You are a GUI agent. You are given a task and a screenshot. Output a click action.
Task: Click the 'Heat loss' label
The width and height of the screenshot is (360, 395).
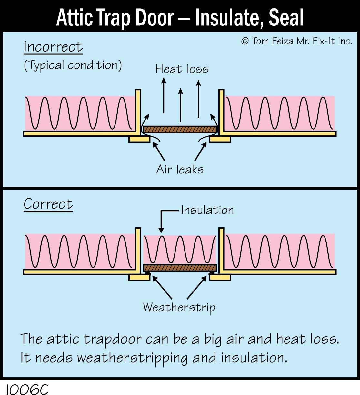pos(182,69)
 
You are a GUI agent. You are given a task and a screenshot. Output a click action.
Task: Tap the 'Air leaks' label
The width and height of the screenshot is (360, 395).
pos(180,169)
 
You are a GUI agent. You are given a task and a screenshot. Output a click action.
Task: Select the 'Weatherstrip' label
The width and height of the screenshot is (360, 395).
pos(179,308)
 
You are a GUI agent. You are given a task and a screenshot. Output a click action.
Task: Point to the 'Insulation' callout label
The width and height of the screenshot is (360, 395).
pos(207,210)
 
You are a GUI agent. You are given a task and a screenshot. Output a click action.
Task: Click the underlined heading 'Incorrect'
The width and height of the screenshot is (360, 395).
pos(53,47)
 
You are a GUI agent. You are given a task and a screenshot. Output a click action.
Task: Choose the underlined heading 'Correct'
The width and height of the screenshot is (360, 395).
pos(48,204)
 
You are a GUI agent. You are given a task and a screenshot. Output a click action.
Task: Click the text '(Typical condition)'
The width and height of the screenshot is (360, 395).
pos(73,65)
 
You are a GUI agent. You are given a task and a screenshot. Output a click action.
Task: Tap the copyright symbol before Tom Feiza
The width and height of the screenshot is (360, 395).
pos(245,41)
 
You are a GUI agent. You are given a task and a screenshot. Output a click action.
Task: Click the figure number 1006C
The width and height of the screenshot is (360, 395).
pos(27,389)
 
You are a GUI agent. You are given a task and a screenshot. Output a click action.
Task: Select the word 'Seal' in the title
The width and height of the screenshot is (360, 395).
pos(286,18)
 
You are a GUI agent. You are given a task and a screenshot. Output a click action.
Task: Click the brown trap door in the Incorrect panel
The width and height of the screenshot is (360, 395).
pos(180,129)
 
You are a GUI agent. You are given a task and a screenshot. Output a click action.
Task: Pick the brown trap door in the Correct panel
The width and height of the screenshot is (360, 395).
pos(180,268)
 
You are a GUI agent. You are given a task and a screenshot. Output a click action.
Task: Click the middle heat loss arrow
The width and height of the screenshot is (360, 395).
pos(180,105)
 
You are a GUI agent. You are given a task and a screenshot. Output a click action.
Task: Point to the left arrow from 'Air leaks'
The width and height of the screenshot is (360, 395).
pos(159,151)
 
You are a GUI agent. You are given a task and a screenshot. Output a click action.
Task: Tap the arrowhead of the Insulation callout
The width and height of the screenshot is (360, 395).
pos(161,230)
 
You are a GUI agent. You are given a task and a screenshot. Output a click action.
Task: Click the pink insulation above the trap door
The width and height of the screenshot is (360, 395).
pos(180,250)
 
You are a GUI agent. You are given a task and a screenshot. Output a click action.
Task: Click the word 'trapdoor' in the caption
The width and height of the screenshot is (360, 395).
pos(113,339)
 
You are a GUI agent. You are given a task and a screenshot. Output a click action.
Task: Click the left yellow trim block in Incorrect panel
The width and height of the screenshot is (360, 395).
pos(139,139)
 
